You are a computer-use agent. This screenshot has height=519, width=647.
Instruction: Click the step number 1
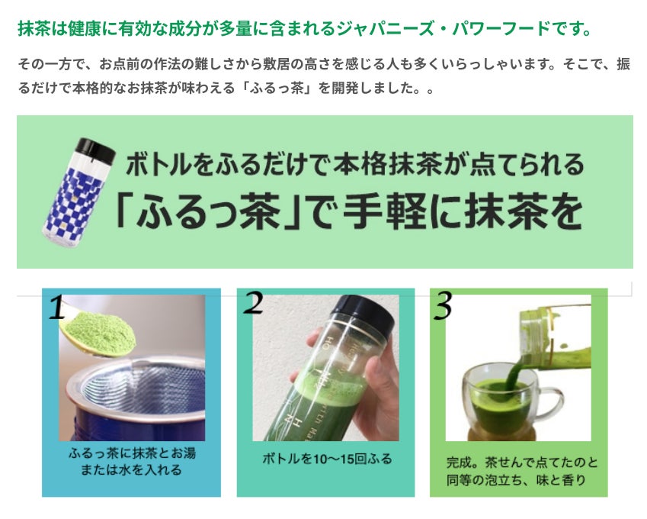click(x=57, y=307)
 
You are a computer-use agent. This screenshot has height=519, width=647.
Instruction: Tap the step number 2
click(x=253, y=302)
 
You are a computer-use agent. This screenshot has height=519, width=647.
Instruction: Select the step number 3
click(x=443, y=305)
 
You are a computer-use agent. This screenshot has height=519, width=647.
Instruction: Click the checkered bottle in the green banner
click(x=78, y=192)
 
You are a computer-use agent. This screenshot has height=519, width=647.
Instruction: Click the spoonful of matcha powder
click(x=99, y=333)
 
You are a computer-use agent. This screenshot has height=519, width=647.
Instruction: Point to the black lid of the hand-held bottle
click(x=363, y=316)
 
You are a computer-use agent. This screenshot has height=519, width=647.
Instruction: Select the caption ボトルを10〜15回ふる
click(x=326, y=459)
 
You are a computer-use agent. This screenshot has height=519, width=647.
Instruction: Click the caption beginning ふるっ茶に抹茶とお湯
click(x=132, y=462)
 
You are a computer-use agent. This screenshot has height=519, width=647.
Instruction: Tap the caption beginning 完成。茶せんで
click(x=521, y=471)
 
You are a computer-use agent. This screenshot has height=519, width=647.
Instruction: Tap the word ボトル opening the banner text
click(x=159, y=164)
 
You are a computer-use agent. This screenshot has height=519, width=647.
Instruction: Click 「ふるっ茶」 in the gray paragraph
click(x=280, y=88)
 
